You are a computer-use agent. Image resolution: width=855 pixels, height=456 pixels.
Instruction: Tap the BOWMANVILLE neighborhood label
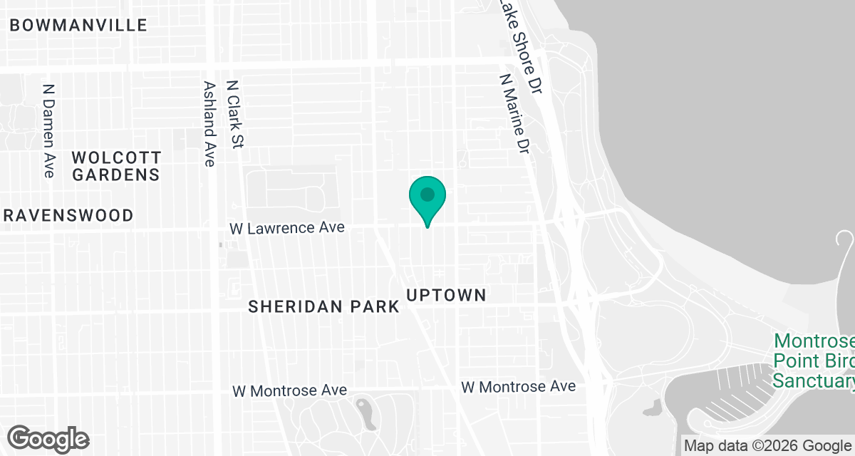pyautogui.click(x=78, y=26)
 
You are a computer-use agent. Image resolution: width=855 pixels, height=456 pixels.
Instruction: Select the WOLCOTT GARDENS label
pyautogui.click(x=117, y=165)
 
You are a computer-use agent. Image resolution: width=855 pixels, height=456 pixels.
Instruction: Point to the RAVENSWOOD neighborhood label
pyautogui.click(x=67, y=215)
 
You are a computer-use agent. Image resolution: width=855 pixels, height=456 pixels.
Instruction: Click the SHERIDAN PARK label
pyautogui.click(x=324, y=307)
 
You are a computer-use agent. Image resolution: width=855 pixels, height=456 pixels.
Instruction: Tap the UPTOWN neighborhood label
pyautogui.click(x=446, y=295)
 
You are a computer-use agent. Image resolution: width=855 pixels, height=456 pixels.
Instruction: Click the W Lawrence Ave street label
pyautogui.click(x=286, y=228)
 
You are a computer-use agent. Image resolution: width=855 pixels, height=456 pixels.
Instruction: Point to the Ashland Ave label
pyautogui.click(x=209, y=123)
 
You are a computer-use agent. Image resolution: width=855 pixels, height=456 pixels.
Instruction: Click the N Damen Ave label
pyautogui.click(x=48, y=131)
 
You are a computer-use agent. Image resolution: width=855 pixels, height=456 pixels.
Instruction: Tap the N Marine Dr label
pyautogui.click(x=516, y=115)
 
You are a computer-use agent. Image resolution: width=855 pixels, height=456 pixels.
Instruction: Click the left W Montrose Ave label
pyautogui.click(x=290, y=390)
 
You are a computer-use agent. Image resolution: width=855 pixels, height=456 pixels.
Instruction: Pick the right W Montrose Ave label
pyautogui.click(x=518, y=387)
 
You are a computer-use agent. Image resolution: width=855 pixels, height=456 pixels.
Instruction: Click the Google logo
pyautogui.click(x=48, y=437)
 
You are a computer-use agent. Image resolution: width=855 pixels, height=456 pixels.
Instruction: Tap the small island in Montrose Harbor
pyautogui.click(x=651, y=408)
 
